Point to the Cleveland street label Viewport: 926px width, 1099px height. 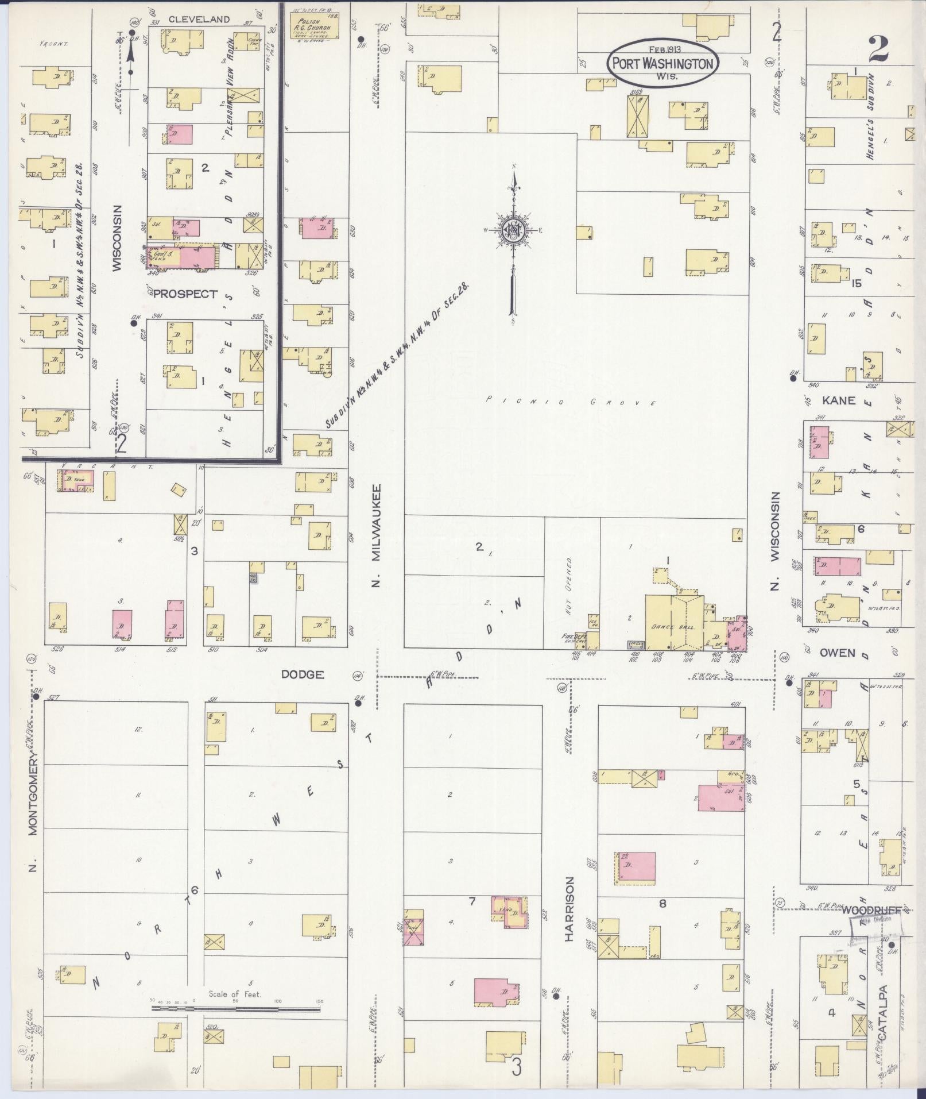coord(199,20)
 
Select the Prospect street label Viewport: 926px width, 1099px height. coord(185,294)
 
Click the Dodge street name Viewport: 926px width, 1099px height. coord(303,674)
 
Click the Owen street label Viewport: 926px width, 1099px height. coord(837,653)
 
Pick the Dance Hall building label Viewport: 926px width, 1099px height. coord(673,627)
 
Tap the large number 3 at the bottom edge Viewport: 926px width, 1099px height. coord(517,1067)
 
